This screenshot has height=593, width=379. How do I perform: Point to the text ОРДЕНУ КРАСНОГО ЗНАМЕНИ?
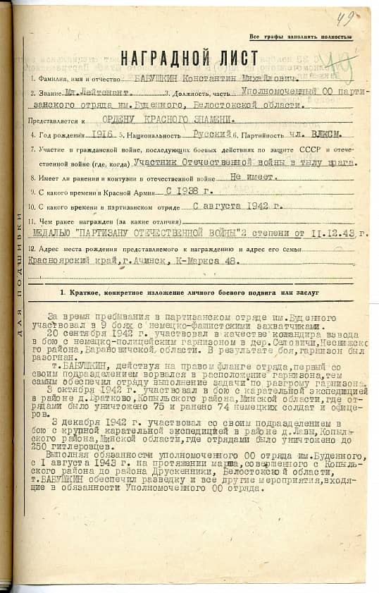tap(160, 120)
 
